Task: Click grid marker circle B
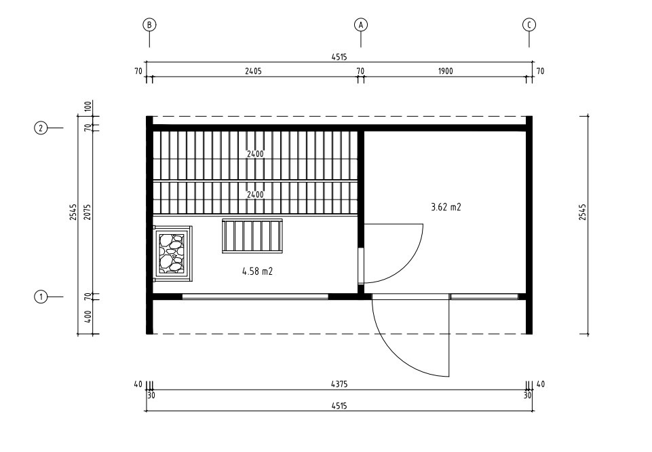(149, 25)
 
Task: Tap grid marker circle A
(361, 25)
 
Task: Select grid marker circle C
(529, 25)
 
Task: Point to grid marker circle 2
(41, 128)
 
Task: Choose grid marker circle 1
(41, 297)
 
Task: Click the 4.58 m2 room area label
(257, 271)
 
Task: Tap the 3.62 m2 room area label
(446, 207)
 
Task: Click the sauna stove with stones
(172, 254)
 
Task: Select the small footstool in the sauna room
(252, 236)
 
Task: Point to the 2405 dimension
(253, 71)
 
